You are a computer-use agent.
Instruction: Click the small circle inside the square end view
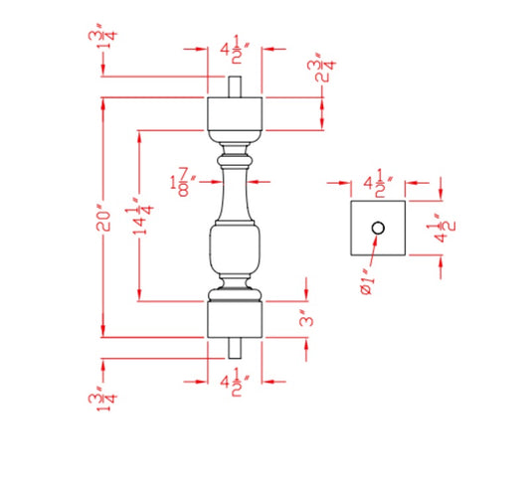378,229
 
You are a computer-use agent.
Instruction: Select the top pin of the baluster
235,86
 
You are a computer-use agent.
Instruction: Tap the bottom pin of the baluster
235,347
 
